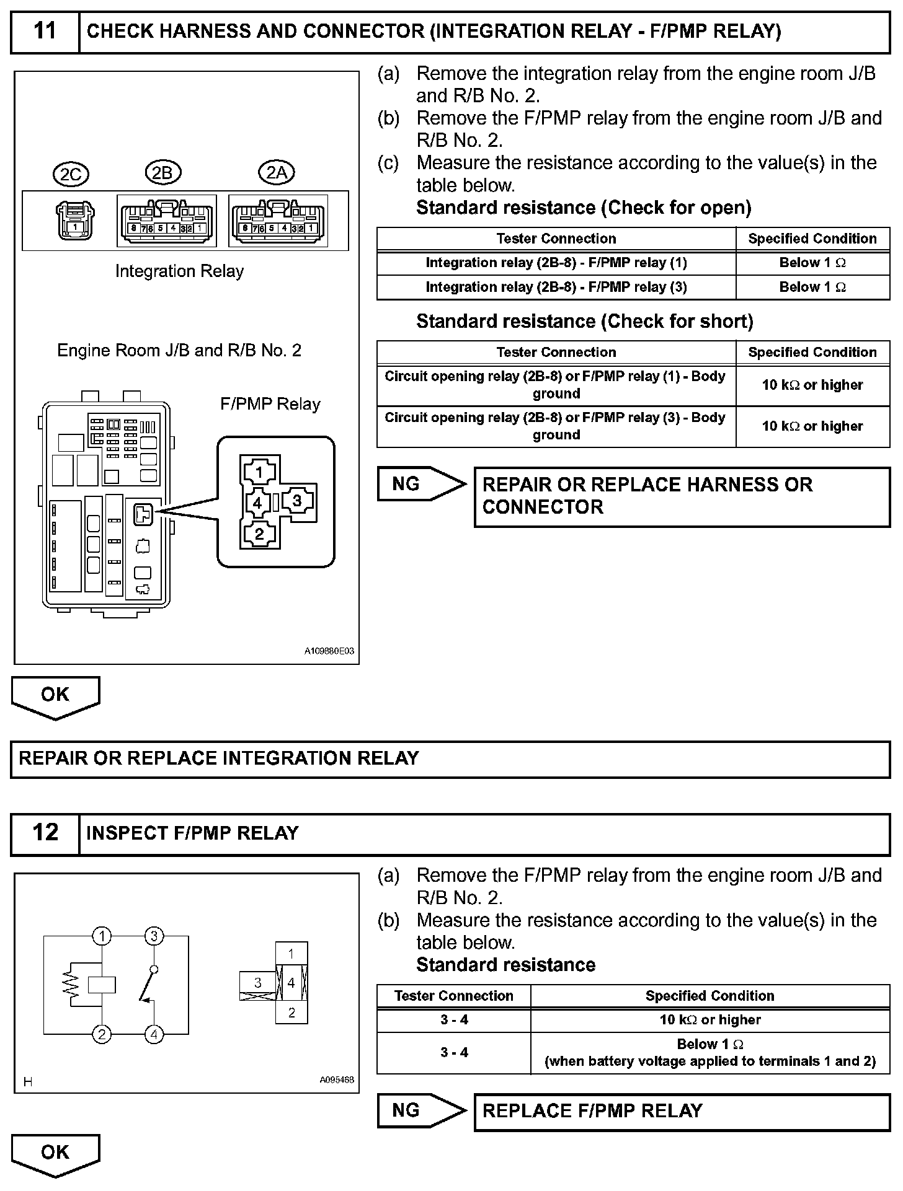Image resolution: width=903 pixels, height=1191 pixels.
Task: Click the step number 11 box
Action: (45, 31)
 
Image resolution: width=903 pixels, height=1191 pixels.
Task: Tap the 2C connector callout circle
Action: (71, 175)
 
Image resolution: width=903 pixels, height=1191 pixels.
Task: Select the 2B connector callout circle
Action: (162, 173)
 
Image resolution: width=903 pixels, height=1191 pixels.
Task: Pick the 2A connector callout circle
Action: (277, 173)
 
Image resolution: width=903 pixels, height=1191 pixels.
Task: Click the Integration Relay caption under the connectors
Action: (179, 271)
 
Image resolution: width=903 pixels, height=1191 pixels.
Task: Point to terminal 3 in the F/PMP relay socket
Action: (297, 501)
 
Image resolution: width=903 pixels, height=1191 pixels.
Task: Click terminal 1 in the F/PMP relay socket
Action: (259, 473)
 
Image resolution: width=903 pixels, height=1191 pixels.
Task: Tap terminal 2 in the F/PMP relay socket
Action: (259, 534)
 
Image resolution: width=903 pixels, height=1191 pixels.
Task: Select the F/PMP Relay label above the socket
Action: (270, 405)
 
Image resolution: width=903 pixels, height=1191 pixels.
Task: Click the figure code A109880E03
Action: (329, 651)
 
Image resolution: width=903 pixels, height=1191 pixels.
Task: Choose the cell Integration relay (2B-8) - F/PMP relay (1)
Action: (556, 263)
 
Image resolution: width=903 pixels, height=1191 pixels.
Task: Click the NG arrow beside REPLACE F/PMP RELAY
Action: (421, 1110)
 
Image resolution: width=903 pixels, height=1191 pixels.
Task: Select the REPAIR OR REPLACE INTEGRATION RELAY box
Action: (450, 758)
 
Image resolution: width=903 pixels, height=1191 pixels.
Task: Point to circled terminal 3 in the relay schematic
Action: (154, 936)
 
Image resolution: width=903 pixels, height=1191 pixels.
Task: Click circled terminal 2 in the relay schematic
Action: (102, 1034)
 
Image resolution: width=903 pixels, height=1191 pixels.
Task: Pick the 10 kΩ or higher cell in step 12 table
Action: (709, 1020)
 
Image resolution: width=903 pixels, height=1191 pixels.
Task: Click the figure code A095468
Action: (337, 1079)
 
